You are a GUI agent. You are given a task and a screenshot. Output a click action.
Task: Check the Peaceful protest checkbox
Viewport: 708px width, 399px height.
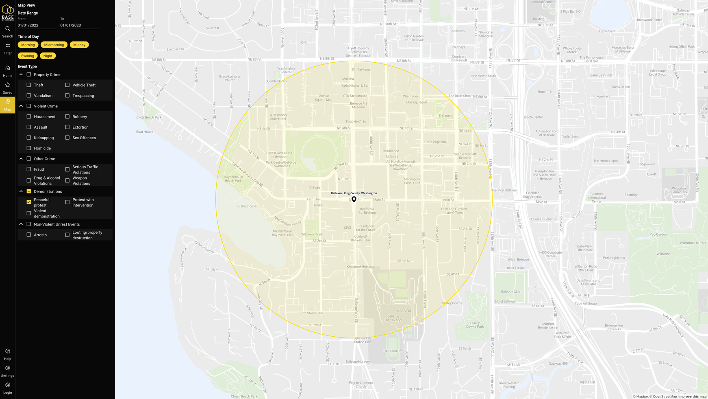click(29, 202)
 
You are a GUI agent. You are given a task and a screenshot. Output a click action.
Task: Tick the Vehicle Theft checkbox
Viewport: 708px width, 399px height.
click(67, 85)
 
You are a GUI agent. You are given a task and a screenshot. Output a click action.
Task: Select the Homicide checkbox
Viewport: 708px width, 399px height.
click(29, 148)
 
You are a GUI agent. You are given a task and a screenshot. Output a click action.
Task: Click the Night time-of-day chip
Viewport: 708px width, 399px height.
click(48, 56)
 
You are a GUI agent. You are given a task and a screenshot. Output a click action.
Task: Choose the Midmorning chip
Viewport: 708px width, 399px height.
click(54, 45)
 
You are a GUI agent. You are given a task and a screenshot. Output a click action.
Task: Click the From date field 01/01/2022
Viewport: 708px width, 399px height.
click(37, 25)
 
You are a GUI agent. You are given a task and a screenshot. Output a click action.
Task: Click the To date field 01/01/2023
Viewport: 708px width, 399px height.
click(79, 25)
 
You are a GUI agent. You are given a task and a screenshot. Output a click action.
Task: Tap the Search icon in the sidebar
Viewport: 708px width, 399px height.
click(8, 29)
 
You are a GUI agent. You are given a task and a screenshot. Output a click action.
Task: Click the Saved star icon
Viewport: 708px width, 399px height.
click(8, 85)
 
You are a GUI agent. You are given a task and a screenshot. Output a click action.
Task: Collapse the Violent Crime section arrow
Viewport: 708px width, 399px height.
click(21, 106)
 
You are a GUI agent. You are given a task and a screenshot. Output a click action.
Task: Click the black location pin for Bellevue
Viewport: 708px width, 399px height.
click(354, 199)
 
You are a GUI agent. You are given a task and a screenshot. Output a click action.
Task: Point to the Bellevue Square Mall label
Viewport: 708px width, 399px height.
click(324, 98)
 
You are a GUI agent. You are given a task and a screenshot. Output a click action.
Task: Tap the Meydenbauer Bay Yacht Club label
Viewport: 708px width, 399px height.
click(282, 233)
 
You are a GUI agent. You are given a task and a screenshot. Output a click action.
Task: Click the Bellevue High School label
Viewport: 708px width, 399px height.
click(393, 318)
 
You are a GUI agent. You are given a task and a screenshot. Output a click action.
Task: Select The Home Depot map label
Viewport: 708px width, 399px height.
click(606, 161)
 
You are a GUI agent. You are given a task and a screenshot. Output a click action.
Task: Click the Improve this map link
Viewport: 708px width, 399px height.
click(692, 397)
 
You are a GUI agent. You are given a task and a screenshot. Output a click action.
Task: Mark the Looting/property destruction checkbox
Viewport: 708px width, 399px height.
click(67, 235)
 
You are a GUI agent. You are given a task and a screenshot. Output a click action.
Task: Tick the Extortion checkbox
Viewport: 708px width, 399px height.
click(67, 127)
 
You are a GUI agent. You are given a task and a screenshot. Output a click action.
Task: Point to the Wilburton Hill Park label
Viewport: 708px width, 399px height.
click(693, 243)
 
